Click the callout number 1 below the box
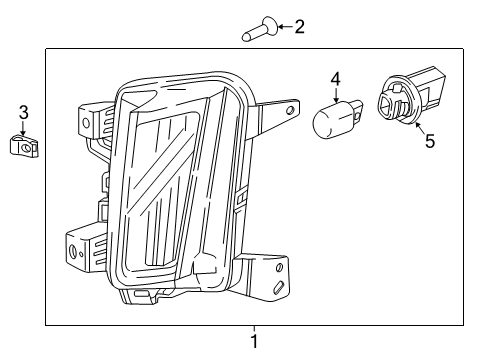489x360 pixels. (x=254, y=342)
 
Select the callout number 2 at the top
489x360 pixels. (x=299, y=27)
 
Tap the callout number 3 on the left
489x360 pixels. (x=23, y=113)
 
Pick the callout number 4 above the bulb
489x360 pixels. (x=336, y=78)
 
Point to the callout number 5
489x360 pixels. (x=429, y=141)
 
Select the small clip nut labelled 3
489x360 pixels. (x=24, y=147)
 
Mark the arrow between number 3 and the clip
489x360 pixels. (x=23, y=128)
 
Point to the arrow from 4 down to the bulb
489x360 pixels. (x=335, y=93)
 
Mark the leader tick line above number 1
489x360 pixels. (x=254, y=330)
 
